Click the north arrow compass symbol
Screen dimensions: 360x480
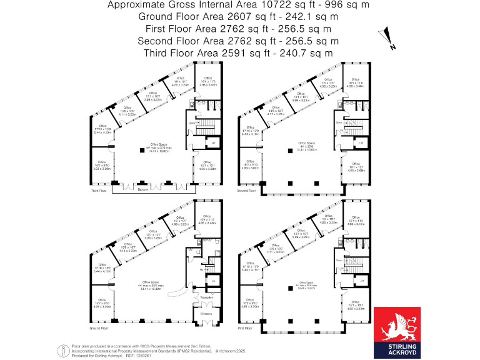[389, 39]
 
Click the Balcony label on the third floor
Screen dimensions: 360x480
[143, 191]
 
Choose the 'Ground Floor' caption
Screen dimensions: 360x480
[100, 327]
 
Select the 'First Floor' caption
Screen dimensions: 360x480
[246, 327]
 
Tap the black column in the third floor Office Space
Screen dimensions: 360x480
[139, 150]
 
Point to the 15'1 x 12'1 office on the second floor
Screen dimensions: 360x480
[355, 167]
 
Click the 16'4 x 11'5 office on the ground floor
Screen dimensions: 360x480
[206, 222]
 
